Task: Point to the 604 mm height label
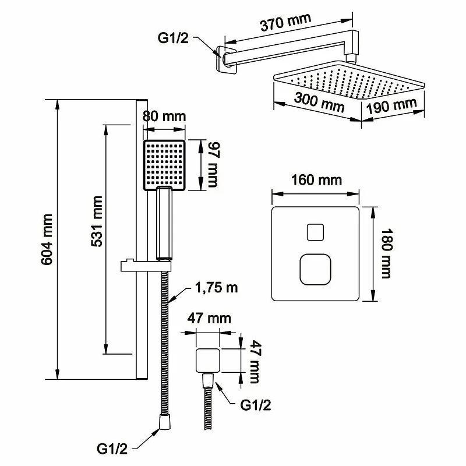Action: [x=47, y=239]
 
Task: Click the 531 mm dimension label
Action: [x=97, y=221]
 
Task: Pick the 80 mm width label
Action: [x=164, y=116]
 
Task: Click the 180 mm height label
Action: [x=384, y=253]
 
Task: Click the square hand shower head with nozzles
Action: [x=164, y=165]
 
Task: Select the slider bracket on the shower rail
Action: [x=146, y=266]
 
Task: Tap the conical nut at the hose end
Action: [x=163, y=422]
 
